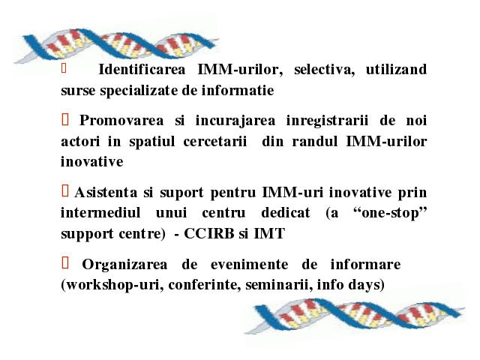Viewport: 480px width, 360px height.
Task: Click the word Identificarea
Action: coord(142,70)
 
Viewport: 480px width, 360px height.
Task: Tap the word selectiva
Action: coord(324,70)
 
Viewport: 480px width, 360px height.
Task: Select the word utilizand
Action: coord(396,70)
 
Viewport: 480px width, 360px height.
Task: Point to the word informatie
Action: coord(238,90)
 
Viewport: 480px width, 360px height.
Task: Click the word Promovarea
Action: coord(121,120)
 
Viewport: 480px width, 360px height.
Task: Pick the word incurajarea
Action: coord(235,121)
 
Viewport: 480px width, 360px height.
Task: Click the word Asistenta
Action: coord(106,193)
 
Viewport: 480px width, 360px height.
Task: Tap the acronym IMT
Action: coord(269,233)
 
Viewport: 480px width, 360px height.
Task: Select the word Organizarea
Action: coord(124,265)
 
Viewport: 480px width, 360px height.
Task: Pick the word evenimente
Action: coord(249,265)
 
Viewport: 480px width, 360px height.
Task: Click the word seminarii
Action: coord(277,285)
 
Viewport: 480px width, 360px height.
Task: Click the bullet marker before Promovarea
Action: coord(65,119)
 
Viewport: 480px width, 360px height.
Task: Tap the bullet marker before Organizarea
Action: coord(65,262)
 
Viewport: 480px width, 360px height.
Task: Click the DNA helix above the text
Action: coord(116,45)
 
